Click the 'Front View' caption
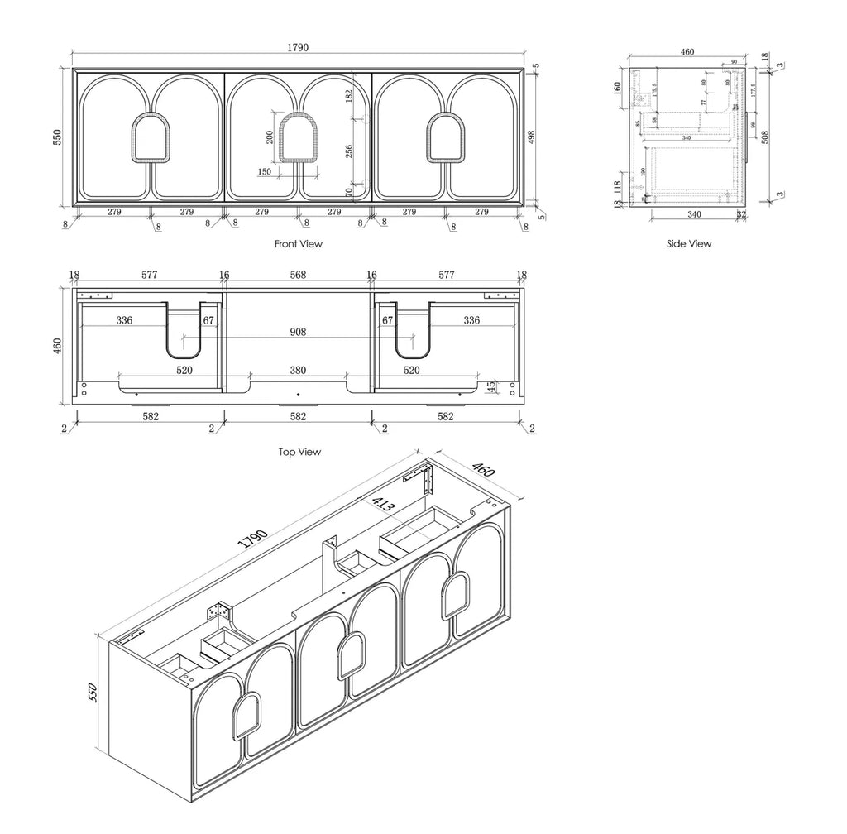(298, 244)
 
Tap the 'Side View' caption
(689, 244)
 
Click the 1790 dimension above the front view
(298, 48)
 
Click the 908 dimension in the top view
(298, 332)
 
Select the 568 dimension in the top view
(298, 275)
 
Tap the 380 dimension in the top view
(298, 371)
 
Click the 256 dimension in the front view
(349, 151)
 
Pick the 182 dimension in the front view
(349, 96)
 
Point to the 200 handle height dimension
(269, 137)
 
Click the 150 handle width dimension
(265, 172)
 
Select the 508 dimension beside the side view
(765, 137)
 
